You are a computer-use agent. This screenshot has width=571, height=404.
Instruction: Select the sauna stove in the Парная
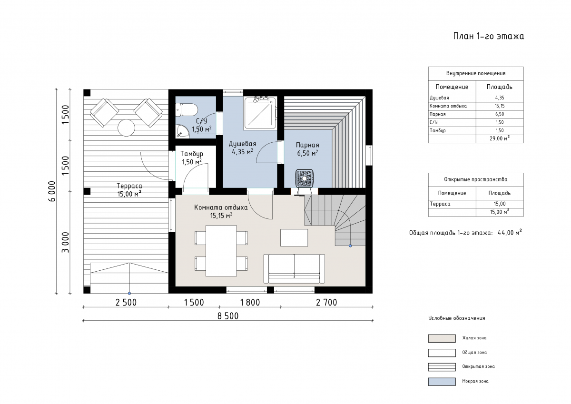pyautogui.click(x=305, y=178)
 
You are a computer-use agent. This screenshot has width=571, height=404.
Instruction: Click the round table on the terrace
pyautogui.click(x=126, y=128)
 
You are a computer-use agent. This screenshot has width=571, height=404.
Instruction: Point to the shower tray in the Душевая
pyautogui.click(x=260, y=113)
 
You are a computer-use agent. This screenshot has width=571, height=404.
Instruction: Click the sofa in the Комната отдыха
pyautogui.click(x=294, y=269)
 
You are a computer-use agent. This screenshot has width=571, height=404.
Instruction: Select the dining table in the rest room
pyautogui.click(x=221, y=251)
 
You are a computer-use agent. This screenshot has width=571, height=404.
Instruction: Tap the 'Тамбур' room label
pyautogui.click(x=192, y=154)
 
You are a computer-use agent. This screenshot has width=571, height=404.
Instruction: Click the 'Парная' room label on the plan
pyautogui.click(x=307, y=145)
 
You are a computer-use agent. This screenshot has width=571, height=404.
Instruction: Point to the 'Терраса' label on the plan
pyautogui.click(x=129, y=186)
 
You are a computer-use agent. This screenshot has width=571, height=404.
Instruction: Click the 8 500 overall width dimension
pyautogui.click(x=228, y=316)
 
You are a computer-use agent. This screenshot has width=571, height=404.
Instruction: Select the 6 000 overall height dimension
pyautogui.click(x=52, y=191)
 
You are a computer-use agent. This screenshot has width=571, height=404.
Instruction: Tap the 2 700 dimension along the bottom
pyautogui.click(x=326, y=303)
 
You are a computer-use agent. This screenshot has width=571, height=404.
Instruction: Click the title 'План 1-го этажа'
pyautogui.click(x=489, y=36)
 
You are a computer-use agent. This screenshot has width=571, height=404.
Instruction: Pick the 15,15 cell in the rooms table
pyautogui.click(x=500, y=106)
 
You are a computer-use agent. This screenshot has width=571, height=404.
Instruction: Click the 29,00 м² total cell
pyautogui.click(x=500, y=138)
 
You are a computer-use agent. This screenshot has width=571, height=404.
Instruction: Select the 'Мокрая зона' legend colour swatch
pyautogui.click(x=442, y=382)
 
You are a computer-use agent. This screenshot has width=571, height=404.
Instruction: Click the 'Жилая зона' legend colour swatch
pyautogui.click(x=442, y=338)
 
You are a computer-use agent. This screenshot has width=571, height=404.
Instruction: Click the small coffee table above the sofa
pyautogui.click(x=294, y=237)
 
